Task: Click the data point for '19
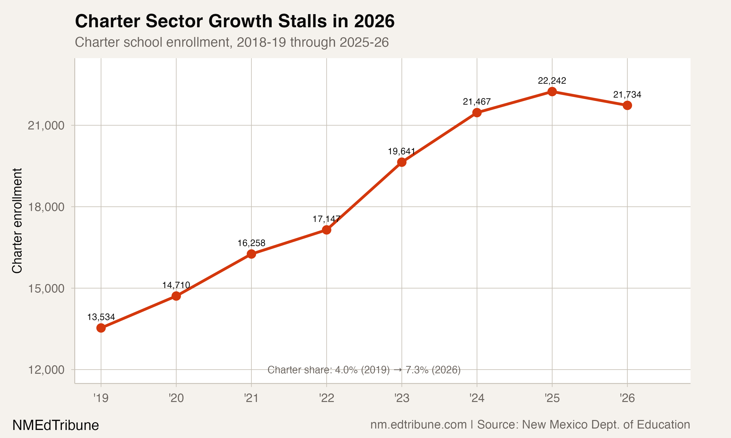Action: [x=101, y=328]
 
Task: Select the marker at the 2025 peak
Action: [x=552, y=91]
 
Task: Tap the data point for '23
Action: [x=402, y=162]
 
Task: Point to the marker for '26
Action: [x=627, y=105]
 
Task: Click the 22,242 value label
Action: [x=552, y=81]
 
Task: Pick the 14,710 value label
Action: [x=176, y=285]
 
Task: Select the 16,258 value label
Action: [x=251, y=243]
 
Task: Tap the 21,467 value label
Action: [x=477, y=101]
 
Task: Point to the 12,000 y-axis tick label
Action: [x=46, y=370]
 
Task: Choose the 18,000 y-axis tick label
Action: [x=46, y=207]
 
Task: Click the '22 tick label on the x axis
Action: [x=327, y=398]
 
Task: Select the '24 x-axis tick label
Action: [x=477, y=398]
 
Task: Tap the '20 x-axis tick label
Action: [x=176, y=398]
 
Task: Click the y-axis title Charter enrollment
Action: [x=17, y=221]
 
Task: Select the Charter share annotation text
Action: [x=364, y=370]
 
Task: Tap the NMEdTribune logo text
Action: [x=56, y=425]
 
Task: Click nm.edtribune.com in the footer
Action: [x=418, y=424]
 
